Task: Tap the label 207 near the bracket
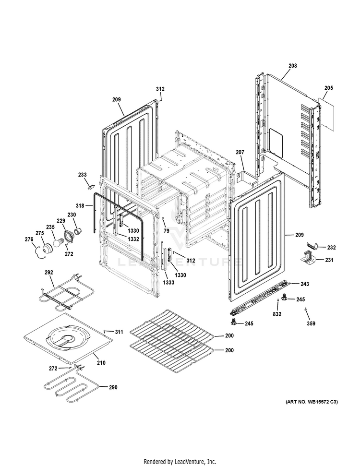coord(240,152)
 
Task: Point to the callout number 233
coord(83,175)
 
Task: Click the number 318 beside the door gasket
coord(80,205)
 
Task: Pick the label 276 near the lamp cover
coord(29,239)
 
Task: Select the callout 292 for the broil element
coord(48,273)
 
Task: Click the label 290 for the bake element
coord(112,387)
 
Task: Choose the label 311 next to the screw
coord(119,332)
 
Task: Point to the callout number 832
coord(277,314)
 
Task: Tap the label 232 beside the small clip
coord(331,248)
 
